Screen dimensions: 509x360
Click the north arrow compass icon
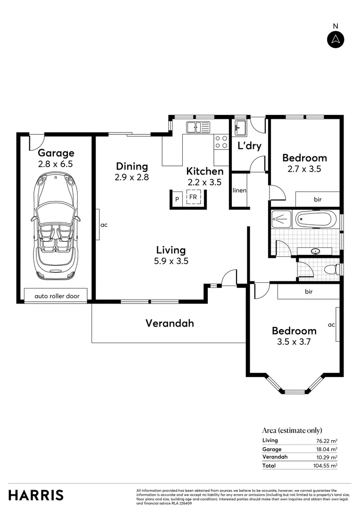pos(335,39)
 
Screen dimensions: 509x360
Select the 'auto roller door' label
pos(57,296)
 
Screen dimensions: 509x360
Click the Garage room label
pos(56,153)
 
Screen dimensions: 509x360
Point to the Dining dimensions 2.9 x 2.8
pos(132,177)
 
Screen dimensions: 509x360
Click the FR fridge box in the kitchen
pos(193,197)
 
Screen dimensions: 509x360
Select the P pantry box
pos(177,199)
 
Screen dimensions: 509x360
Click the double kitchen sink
pos(198,127)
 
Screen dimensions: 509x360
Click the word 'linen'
pos(239,191)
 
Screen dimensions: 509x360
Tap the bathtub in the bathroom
pos(315,219)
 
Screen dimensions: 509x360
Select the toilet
pos(332,270)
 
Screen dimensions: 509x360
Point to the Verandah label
pos(170,323)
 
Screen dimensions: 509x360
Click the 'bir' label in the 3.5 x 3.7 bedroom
pos(309,292)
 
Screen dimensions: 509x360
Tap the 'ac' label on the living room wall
pos(104,225)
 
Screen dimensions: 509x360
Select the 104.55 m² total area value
pos(327,466)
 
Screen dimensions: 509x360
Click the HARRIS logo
pos(36,495)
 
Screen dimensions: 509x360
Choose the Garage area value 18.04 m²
pos(327,449)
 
